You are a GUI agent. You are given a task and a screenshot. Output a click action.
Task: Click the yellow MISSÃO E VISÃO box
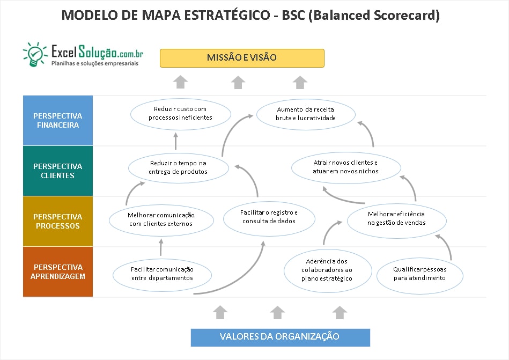coord(242,58)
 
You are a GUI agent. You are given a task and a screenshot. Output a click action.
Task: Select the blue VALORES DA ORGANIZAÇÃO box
coord(280,337)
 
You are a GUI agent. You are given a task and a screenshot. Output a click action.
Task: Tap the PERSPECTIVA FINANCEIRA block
coord(58,120)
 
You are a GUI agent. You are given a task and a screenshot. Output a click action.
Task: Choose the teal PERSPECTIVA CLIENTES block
coord(58,171)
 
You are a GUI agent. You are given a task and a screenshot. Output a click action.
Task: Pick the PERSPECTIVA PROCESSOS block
coord(58,221)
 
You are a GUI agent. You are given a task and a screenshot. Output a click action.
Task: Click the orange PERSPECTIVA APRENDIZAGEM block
coord(58,271)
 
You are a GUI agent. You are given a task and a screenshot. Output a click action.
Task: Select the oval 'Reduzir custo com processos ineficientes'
coord(181,114)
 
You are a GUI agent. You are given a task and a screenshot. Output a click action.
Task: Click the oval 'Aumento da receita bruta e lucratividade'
coord(306,114)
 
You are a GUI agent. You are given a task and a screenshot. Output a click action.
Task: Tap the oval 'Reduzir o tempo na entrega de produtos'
coord(179,168)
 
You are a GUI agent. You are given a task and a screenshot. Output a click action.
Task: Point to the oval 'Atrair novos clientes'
coord(346,167)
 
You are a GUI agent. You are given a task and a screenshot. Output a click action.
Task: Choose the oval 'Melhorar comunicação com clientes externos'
coord(161,220)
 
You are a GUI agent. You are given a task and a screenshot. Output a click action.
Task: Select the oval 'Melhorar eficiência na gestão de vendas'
coord(397,221)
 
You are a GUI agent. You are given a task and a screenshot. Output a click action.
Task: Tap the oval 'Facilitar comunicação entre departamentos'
coord(163,275)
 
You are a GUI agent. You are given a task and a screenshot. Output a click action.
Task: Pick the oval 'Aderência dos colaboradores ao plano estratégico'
coord(328,271)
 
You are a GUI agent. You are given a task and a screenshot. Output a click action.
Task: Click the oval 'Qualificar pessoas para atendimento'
coord(420,276)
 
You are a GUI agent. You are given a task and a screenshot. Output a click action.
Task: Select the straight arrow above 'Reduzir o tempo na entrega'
coord(175,141)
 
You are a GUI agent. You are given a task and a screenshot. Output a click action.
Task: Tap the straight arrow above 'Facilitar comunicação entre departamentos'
coord(161,247)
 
